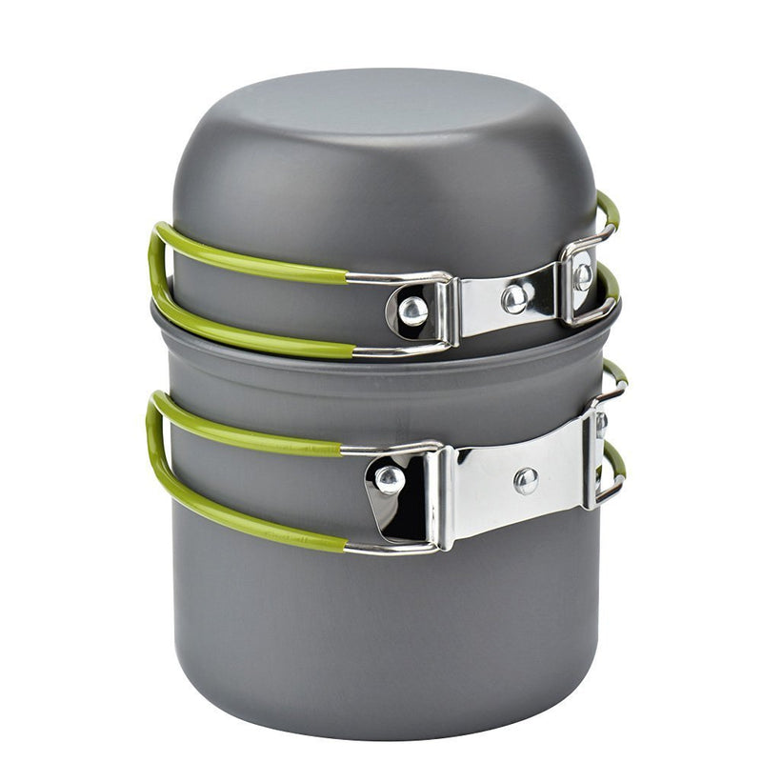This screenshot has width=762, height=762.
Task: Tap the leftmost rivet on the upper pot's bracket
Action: coord(412,309)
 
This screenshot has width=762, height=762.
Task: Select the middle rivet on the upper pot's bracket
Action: coord(515,298)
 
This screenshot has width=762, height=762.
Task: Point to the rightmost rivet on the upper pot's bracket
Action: coord(582,276)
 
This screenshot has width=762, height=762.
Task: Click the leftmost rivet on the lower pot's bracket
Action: coord(389,478)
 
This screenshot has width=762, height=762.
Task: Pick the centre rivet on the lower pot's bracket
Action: coord(526,480)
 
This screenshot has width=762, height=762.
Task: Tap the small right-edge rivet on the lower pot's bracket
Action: coord(600,425)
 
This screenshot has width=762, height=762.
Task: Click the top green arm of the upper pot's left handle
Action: coord(257,254)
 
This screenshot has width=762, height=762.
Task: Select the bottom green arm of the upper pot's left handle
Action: coord(257,333)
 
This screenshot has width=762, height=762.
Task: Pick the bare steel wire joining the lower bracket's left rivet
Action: coord(391,547)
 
